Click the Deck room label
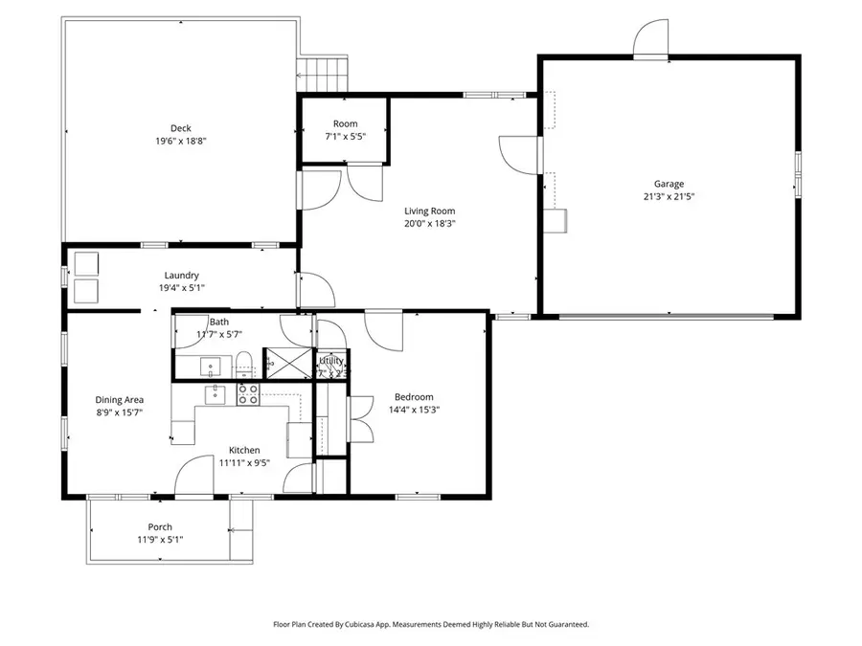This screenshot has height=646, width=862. coord(181,127)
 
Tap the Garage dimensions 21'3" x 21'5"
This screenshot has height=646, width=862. coord(669,197)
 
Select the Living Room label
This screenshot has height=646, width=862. coord(429,212)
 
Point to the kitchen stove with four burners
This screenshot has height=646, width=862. coord(248,394)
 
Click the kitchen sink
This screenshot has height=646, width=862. coord(215,391)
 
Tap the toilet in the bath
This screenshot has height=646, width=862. coord(244,363)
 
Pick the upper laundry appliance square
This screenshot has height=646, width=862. coord(87,262)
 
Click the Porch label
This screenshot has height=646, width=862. coord(160,527)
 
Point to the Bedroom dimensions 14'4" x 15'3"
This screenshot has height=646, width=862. coord(414,410)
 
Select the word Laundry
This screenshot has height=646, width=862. coord(181,276)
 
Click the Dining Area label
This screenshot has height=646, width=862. coord(120,400)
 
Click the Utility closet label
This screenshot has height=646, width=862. coord(331,361)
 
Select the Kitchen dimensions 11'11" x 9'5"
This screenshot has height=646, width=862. coord(243,462)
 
